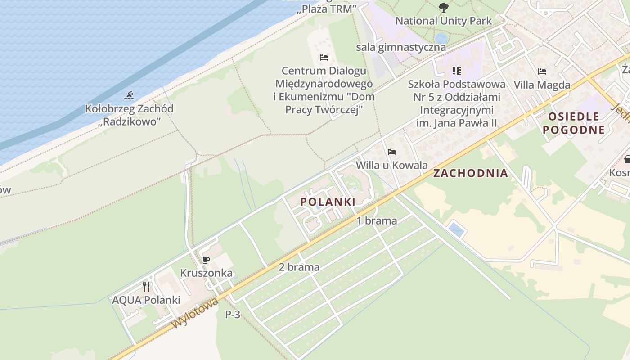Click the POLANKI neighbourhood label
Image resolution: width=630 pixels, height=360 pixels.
[x=328, y=202]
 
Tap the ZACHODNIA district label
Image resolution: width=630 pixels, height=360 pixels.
[x=470, y=173]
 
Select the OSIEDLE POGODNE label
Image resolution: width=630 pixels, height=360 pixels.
[x=573, y=123]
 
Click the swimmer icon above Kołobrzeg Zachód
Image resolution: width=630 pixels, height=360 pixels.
[x=130, y=95]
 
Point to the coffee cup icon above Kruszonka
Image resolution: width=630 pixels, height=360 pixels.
[x=206, y=260]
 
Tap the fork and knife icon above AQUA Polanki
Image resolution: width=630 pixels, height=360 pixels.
[x=146, y=287]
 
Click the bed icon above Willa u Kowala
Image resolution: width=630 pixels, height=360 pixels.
[x=392, y=152]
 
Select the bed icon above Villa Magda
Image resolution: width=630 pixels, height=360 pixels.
[x=542, y=72]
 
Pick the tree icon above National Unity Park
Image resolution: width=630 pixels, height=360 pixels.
[x=443, y=7]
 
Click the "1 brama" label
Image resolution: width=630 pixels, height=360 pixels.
[x=377, y=221]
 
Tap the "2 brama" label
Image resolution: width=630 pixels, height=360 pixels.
[x=299, y=267]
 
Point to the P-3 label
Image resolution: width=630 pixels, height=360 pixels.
[x=233, y=315]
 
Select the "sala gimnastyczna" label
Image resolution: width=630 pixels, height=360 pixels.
[x=401, y=47]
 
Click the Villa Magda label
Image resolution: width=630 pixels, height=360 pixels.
[x=542, y=85]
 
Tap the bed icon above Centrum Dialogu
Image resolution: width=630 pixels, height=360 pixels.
[x=324, y=58]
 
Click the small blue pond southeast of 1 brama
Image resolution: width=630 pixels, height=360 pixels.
[x=456, y=230]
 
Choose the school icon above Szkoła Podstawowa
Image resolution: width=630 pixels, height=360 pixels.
[x=457, y=71]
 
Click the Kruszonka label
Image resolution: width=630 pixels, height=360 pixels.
[x=206, y=273]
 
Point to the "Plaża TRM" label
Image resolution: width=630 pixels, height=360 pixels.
[x=327, y=9]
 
